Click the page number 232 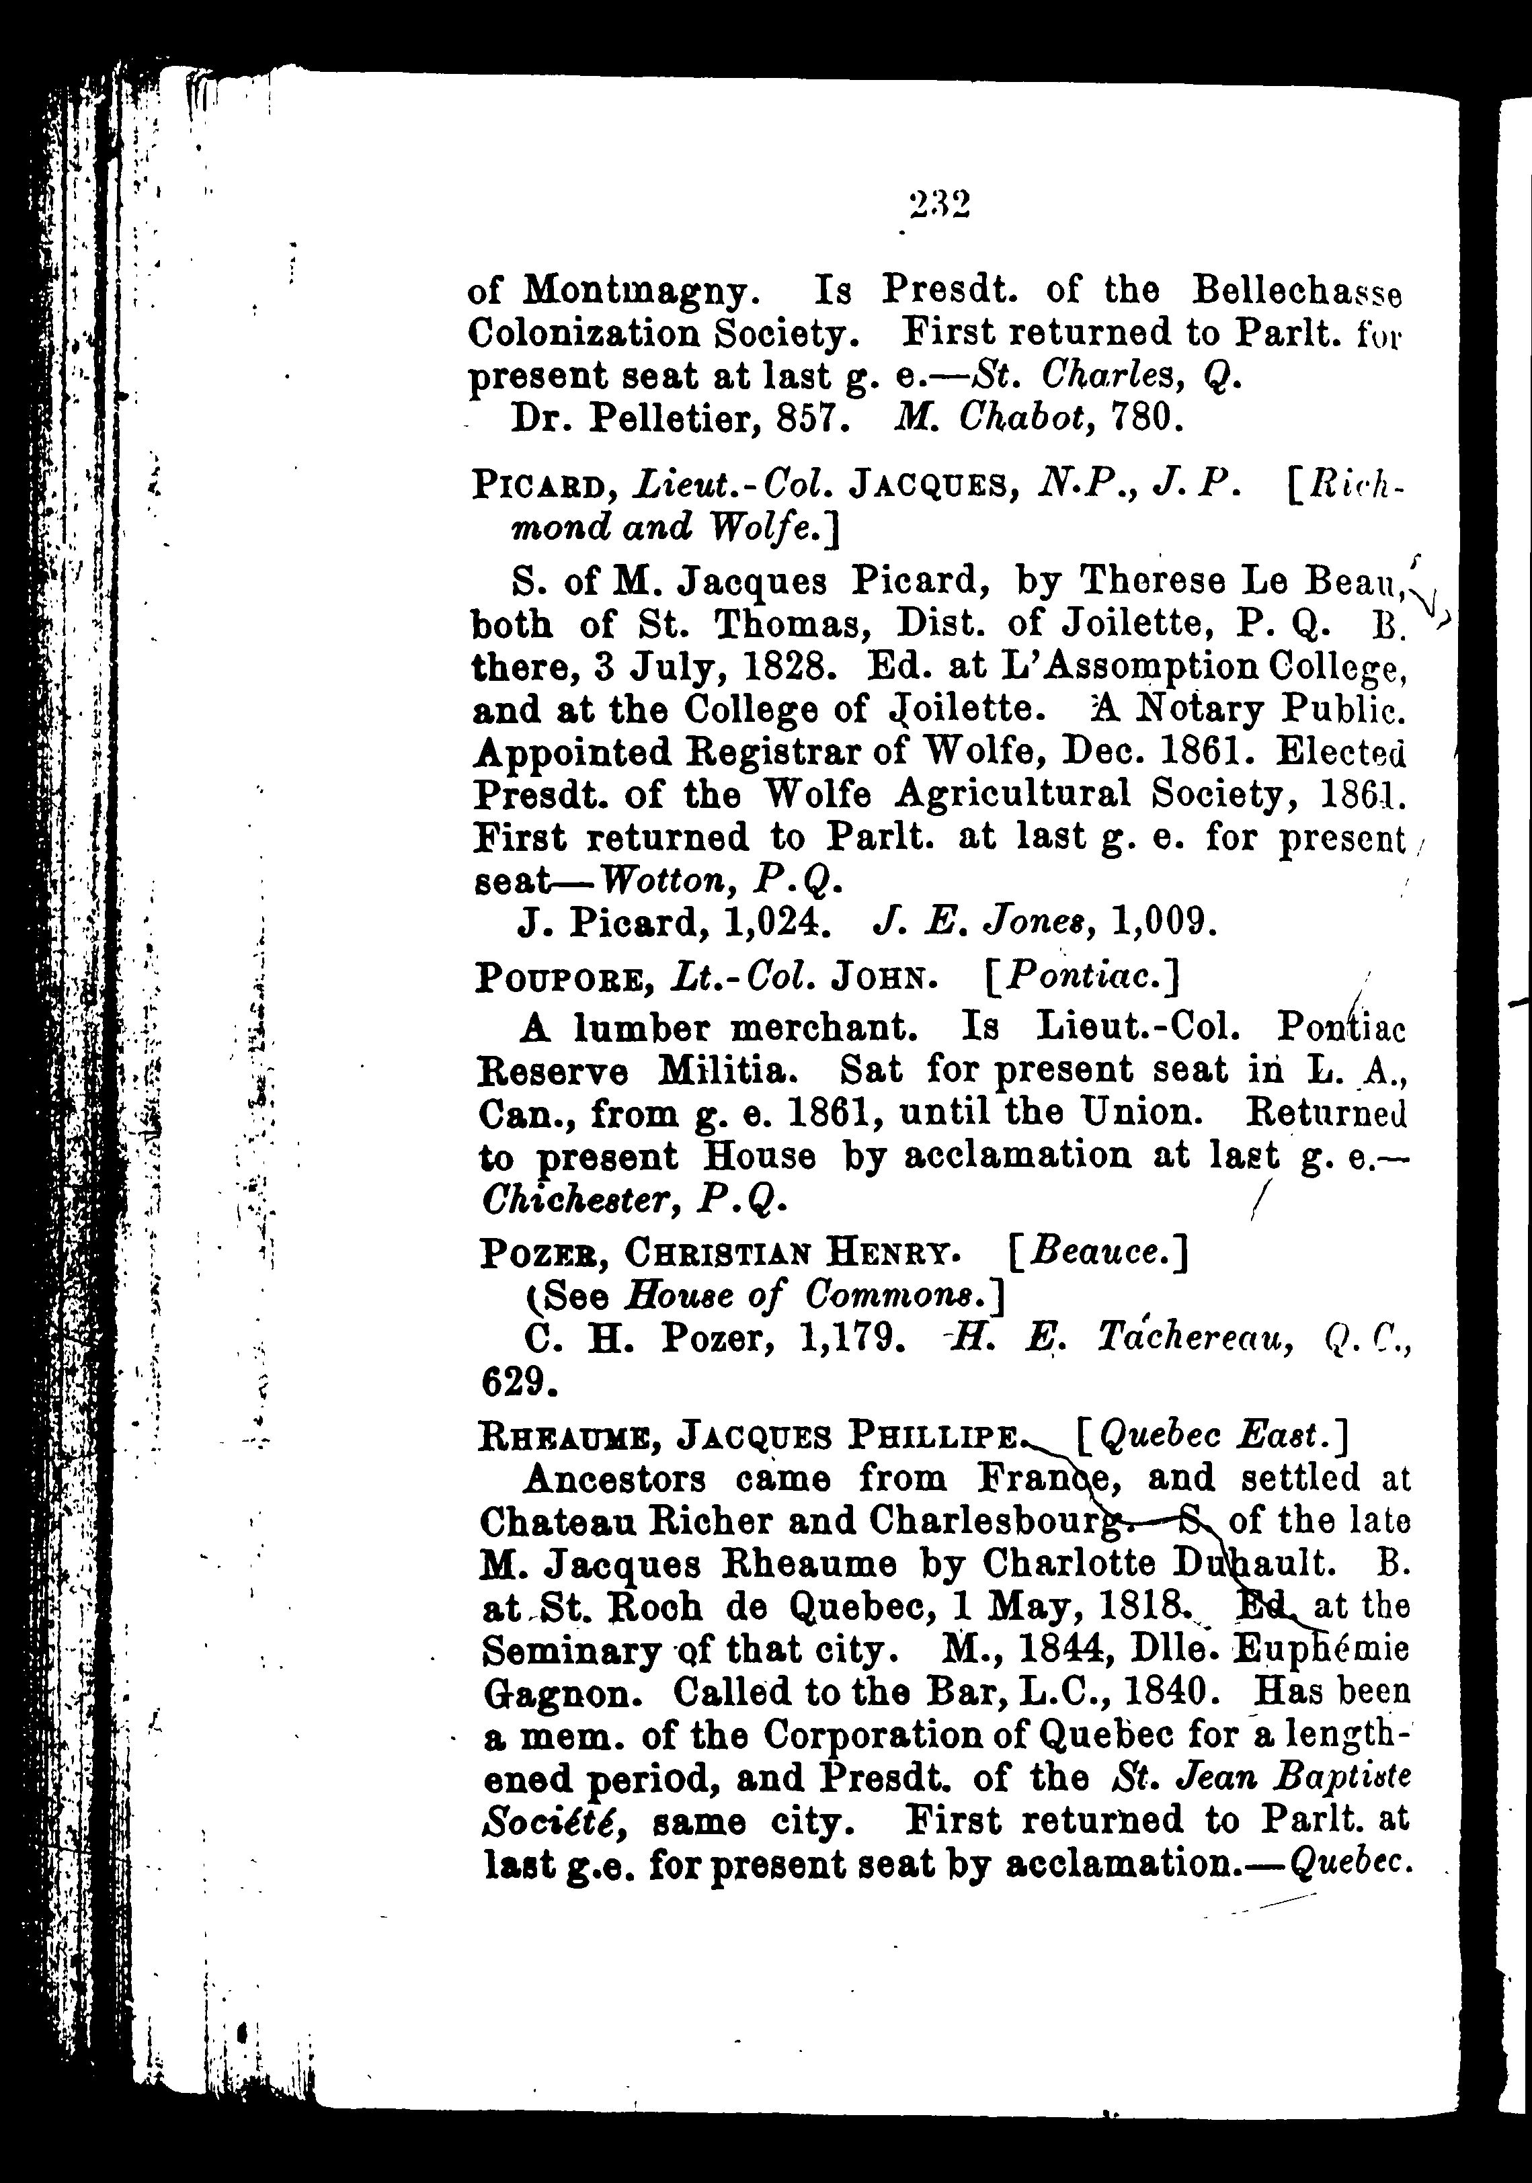(938, 204)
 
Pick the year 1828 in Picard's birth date (782, 667)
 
